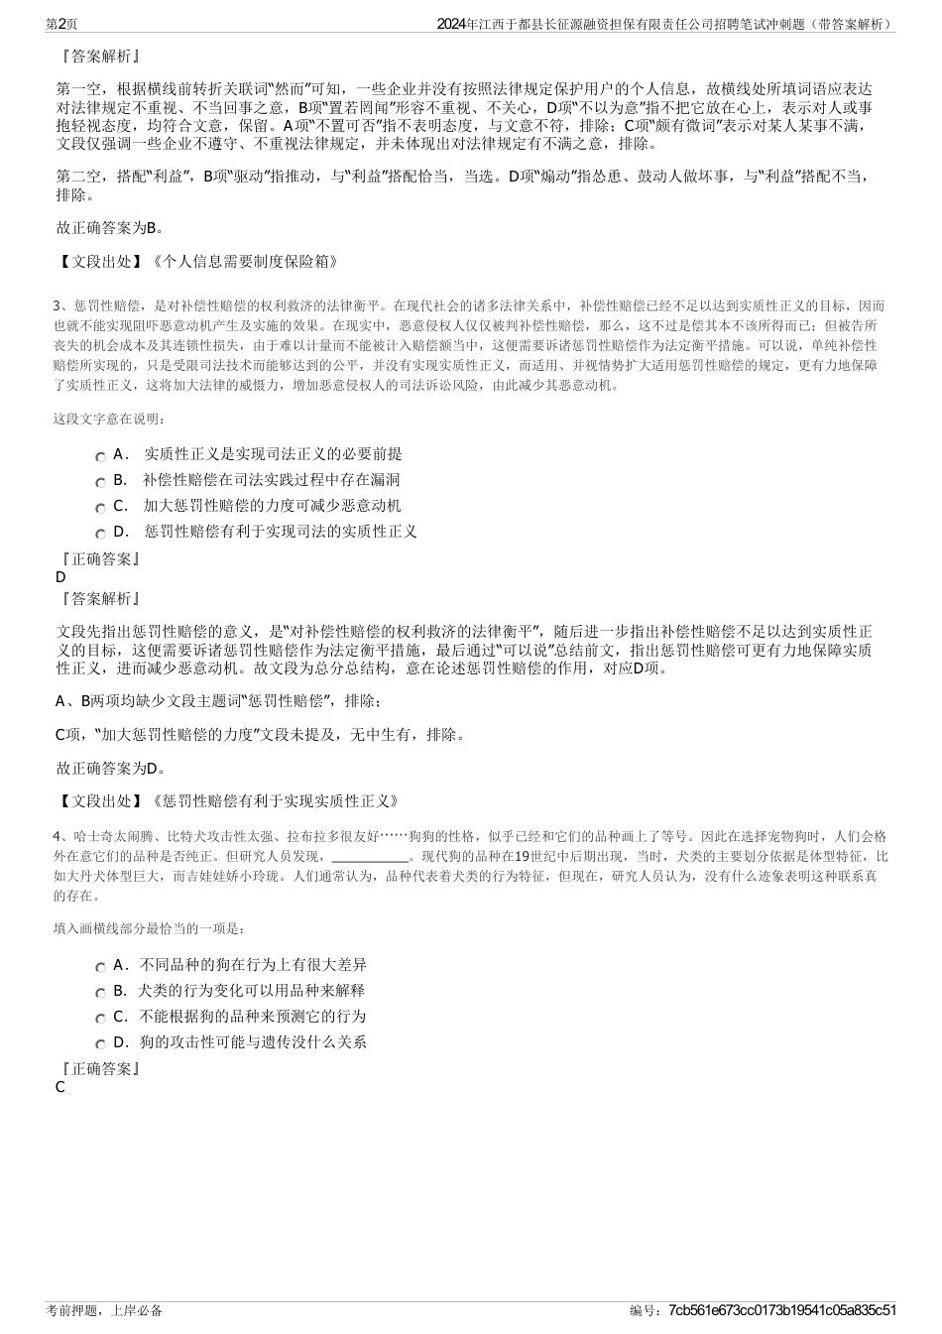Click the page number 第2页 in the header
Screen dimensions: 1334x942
coord(63,23)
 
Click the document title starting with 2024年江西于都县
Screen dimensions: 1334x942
coord(665,23)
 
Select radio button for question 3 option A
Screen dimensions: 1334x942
coord(101,456)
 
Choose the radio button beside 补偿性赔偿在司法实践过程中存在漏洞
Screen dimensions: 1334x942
coord(101,482)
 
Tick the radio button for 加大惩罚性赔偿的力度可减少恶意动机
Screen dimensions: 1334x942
coord(101,508)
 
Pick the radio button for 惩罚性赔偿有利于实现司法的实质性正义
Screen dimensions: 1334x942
coord(101,534)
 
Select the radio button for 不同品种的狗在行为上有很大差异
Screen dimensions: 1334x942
coord(101,967)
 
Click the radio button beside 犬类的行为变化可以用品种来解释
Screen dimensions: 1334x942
coord(101,993)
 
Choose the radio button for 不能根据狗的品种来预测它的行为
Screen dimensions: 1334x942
coord(101,1019)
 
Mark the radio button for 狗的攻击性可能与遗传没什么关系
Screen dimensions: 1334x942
coord(101,1044)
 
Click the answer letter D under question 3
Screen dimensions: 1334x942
coord(60,577)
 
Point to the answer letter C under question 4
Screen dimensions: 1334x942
coord(60,1087)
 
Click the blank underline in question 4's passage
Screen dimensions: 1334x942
coord(369,856)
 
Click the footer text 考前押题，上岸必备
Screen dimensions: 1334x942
coord(104,1310)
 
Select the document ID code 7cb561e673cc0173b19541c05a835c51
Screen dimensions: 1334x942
coord(782,1310)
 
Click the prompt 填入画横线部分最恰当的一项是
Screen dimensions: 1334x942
coord(149,929)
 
